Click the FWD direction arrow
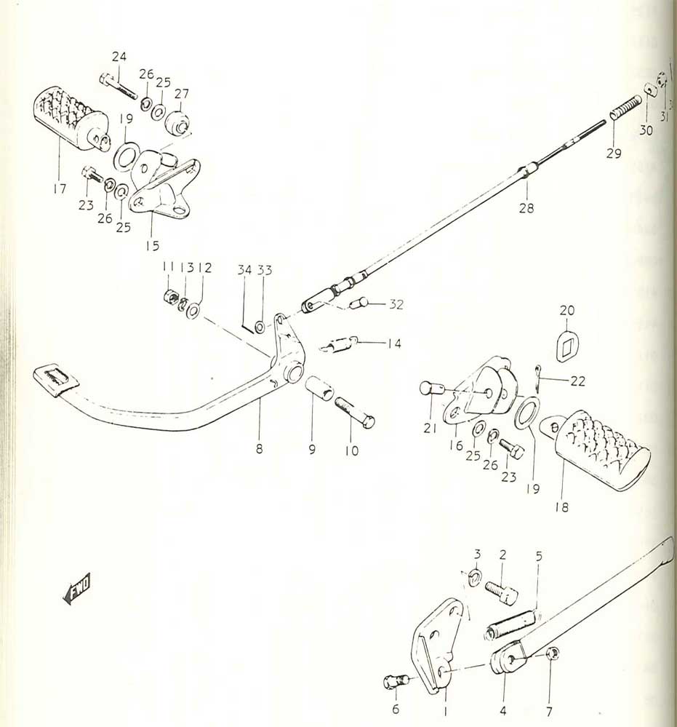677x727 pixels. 76,588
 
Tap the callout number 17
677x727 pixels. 60,188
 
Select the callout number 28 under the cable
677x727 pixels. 526,208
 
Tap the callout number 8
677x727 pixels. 259,449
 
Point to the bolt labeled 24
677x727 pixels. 119,87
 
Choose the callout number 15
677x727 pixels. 152,245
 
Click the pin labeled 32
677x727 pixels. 361,303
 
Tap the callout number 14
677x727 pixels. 393,343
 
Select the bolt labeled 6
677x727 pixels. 393,682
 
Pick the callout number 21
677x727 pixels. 430,429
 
